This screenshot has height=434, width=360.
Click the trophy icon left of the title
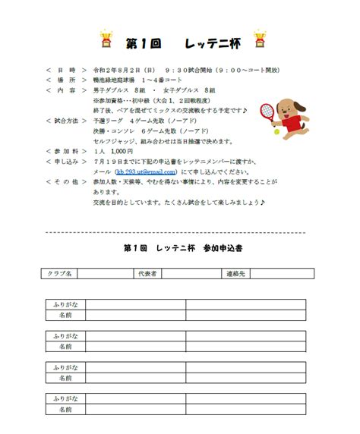point(107,39)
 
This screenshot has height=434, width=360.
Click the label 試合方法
point(66,121)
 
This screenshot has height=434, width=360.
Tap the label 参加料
point(66,151)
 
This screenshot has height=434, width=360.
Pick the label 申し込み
point(66,162)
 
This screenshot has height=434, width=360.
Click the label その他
point(66,182)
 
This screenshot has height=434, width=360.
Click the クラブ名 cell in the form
point(60,273)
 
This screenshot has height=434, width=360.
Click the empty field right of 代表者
point(190,273)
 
